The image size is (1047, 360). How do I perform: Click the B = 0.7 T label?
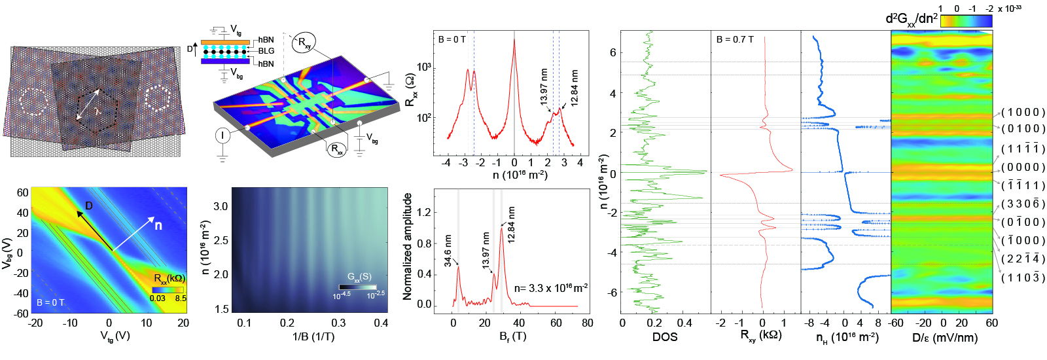click(x=735, y=39)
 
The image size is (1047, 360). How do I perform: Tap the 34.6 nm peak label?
click(x=448, y=250)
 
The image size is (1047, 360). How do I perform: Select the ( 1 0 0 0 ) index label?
click(x=1023, y=113)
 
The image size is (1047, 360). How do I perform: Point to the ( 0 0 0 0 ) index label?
click(x=1023, y=168)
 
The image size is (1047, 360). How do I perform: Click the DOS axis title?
click(x=665, y=337)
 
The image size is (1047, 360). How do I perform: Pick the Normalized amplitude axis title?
click(x=408, y=247)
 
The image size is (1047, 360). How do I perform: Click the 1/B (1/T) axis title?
click(x=313, y=336)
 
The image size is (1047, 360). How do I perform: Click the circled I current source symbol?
click(x=223, y=135)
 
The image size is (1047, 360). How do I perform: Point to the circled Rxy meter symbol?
click(x=304, y=43)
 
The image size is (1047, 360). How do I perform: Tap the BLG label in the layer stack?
click(x=266, y=51)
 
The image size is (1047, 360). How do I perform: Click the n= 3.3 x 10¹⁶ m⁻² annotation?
click(x=550, y=288)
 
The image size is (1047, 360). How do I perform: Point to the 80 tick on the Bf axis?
click(x=587, y=323)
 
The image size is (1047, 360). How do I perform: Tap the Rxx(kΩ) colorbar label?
click(x=169, y=278)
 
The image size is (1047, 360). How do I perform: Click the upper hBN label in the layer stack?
click(x=266, y=40)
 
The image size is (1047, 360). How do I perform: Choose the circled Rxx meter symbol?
click(x=337, y=149)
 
